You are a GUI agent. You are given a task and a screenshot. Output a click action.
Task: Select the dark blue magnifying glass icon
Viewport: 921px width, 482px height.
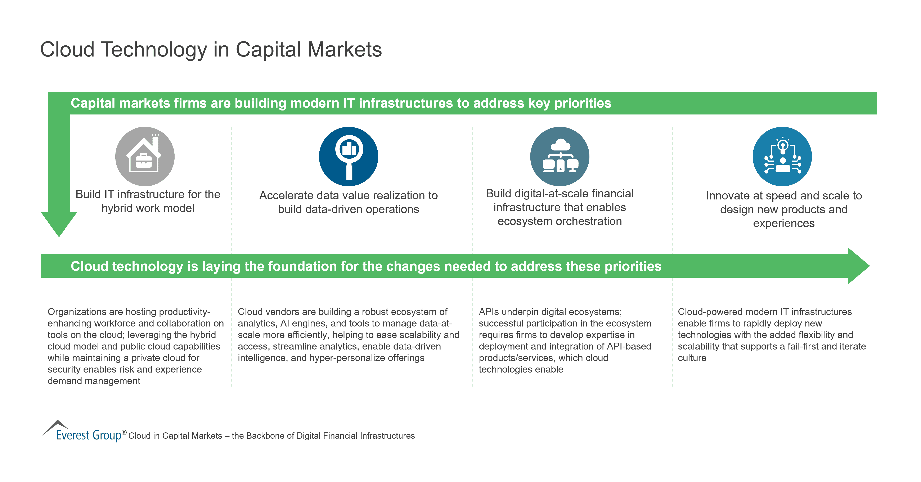click(x=348, y=156)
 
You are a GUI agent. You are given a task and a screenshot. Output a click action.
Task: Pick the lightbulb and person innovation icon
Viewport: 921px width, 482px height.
click(x=782, y=156)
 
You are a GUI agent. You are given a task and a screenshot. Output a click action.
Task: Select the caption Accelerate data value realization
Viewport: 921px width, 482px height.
click(x=348, y=202)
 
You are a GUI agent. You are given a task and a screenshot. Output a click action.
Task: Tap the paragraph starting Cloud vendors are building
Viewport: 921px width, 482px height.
click(x=348, y=335)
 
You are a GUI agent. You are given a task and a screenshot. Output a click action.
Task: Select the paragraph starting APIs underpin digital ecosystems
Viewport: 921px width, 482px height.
click(x=565, y=340)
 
